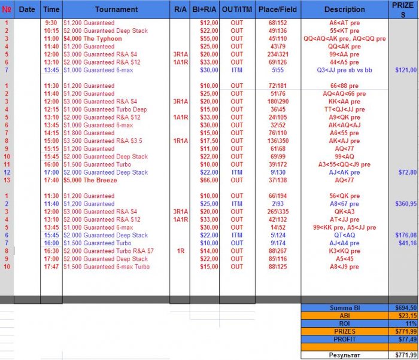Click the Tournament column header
[x=116, y=10]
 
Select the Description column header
[x=344, y=10]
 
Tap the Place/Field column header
[x=277, y=10]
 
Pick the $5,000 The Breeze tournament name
[x=90, y=180]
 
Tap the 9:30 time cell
[x=51, y=23]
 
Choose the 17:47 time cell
[x=51, y=267]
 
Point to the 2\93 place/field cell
[x=277, y=204]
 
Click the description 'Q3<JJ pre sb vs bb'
[x=344, y=70]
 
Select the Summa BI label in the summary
[x=344, y=307]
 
